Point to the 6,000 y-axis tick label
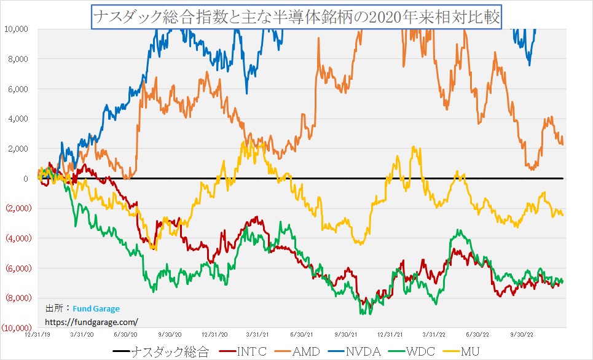(x=19, y=89)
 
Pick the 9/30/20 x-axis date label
(x=170, y=334)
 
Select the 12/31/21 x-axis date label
(x=390, y=334)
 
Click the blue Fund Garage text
(x=96, y=309)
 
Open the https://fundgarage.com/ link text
(x=92, y=321)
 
